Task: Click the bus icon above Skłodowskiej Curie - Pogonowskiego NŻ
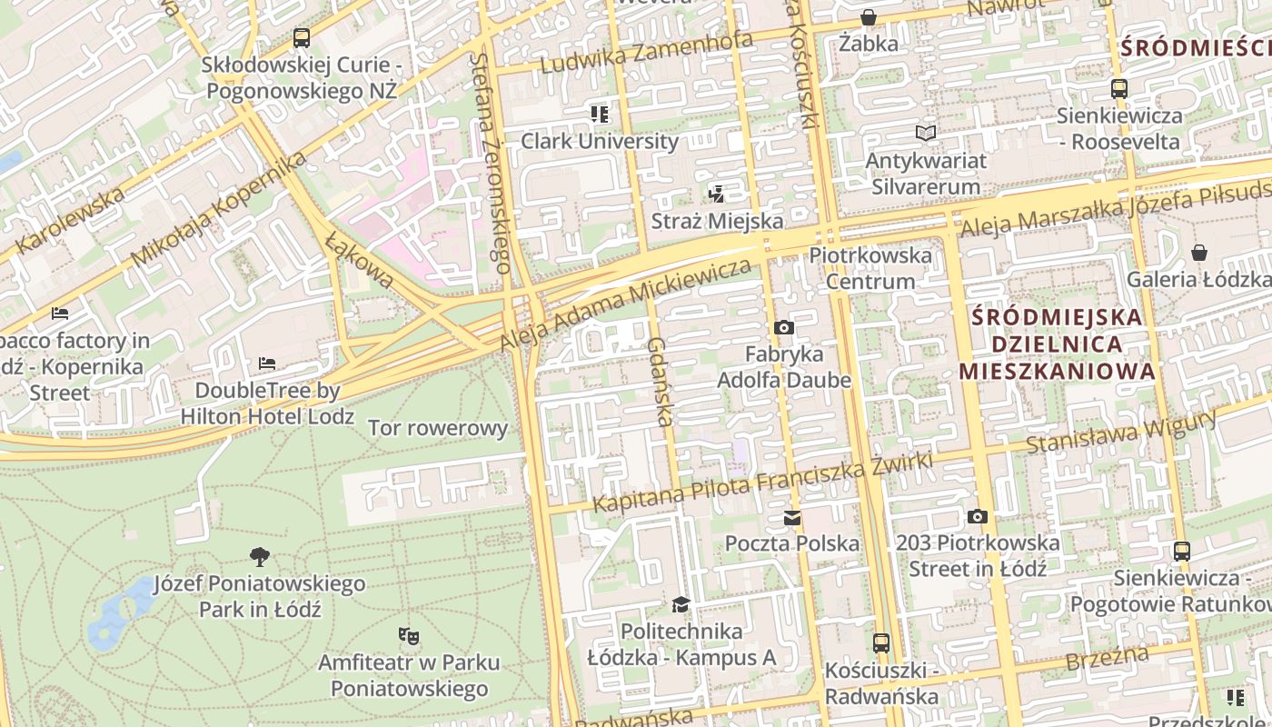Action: [302, 38]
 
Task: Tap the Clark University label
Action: [599, 141]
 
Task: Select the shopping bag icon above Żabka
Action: [869, 17]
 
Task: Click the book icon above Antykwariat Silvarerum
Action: [925, 134]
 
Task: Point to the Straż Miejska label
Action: [717, 221]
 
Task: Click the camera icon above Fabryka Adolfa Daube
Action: [783, 327]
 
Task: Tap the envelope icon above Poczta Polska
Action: [792, 518]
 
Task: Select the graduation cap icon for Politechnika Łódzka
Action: [681, 604]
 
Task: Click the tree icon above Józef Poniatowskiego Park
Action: [260, 556]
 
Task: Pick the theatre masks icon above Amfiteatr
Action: [409, 635]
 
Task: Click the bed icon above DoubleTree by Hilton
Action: [267, 363]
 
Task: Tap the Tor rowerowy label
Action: [438, 428]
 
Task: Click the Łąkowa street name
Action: [360, 259]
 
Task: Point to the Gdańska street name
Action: [660, 382]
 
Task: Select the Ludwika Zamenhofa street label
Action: [647, 53]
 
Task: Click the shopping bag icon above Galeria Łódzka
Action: [1199, 253]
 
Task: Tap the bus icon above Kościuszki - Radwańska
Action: [881, 643]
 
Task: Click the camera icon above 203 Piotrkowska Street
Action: [978, 516]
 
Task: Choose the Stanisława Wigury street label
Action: [1121, 433]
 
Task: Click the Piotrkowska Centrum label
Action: [870, 268]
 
